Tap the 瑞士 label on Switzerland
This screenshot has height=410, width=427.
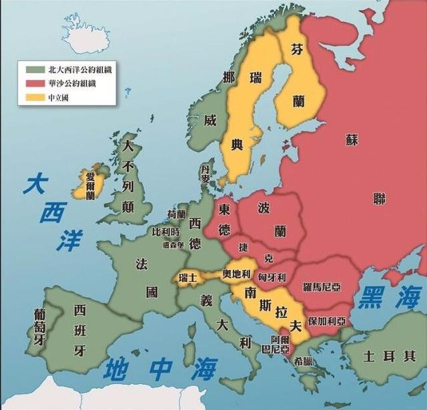coord(189,276)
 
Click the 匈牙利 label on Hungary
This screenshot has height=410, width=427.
coord(272,277)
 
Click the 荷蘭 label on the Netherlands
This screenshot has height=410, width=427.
coord(177,214)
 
